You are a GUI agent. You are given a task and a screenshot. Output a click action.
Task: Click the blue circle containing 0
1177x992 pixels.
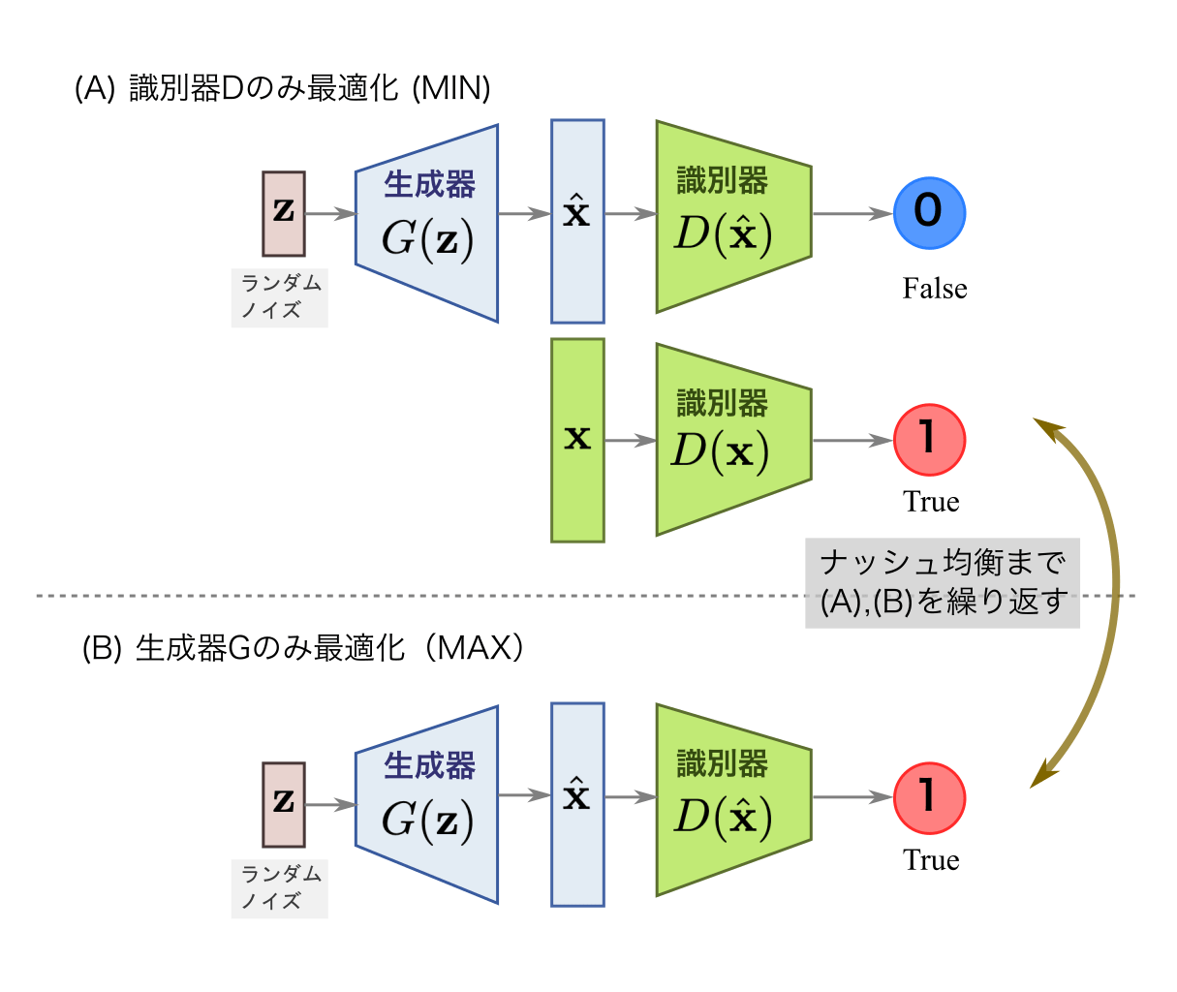click(929, 213)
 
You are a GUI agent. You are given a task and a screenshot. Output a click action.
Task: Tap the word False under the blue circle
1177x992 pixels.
click(934, 289)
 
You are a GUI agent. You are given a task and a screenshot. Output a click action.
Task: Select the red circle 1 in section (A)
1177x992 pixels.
click(929, 440)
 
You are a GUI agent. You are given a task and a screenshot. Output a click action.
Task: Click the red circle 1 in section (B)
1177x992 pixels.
click(929, 797)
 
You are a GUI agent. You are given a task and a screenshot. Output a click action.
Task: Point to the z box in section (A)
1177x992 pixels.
click(284, 213)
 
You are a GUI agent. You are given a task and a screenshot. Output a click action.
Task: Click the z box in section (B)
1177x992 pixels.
click(284, 804)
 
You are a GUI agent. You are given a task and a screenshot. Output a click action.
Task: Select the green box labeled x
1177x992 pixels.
click(577, 440)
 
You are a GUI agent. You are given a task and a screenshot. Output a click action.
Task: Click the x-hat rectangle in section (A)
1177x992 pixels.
click(577, 221)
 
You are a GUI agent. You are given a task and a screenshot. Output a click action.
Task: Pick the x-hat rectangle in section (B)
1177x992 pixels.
click(577, 804)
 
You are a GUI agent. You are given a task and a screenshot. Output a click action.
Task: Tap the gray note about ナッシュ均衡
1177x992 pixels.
click(942, 582)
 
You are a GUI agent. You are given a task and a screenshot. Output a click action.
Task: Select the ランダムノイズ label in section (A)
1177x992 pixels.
click(279, 297)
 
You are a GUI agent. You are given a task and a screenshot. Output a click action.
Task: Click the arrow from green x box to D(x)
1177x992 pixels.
click(630, 441)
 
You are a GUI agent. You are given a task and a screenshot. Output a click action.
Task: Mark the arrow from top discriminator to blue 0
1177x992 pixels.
click(852, 213)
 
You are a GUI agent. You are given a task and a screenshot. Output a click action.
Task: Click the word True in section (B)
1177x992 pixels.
click(931, 860)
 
